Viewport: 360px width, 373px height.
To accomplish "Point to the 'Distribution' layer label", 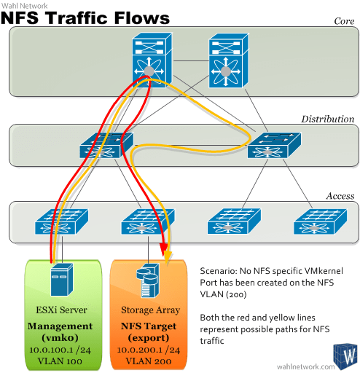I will tap(327, 119).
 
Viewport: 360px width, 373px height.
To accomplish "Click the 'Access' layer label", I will tap(340, 196).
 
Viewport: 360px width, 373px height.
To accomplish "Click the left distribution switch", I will tap(106, 147).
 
